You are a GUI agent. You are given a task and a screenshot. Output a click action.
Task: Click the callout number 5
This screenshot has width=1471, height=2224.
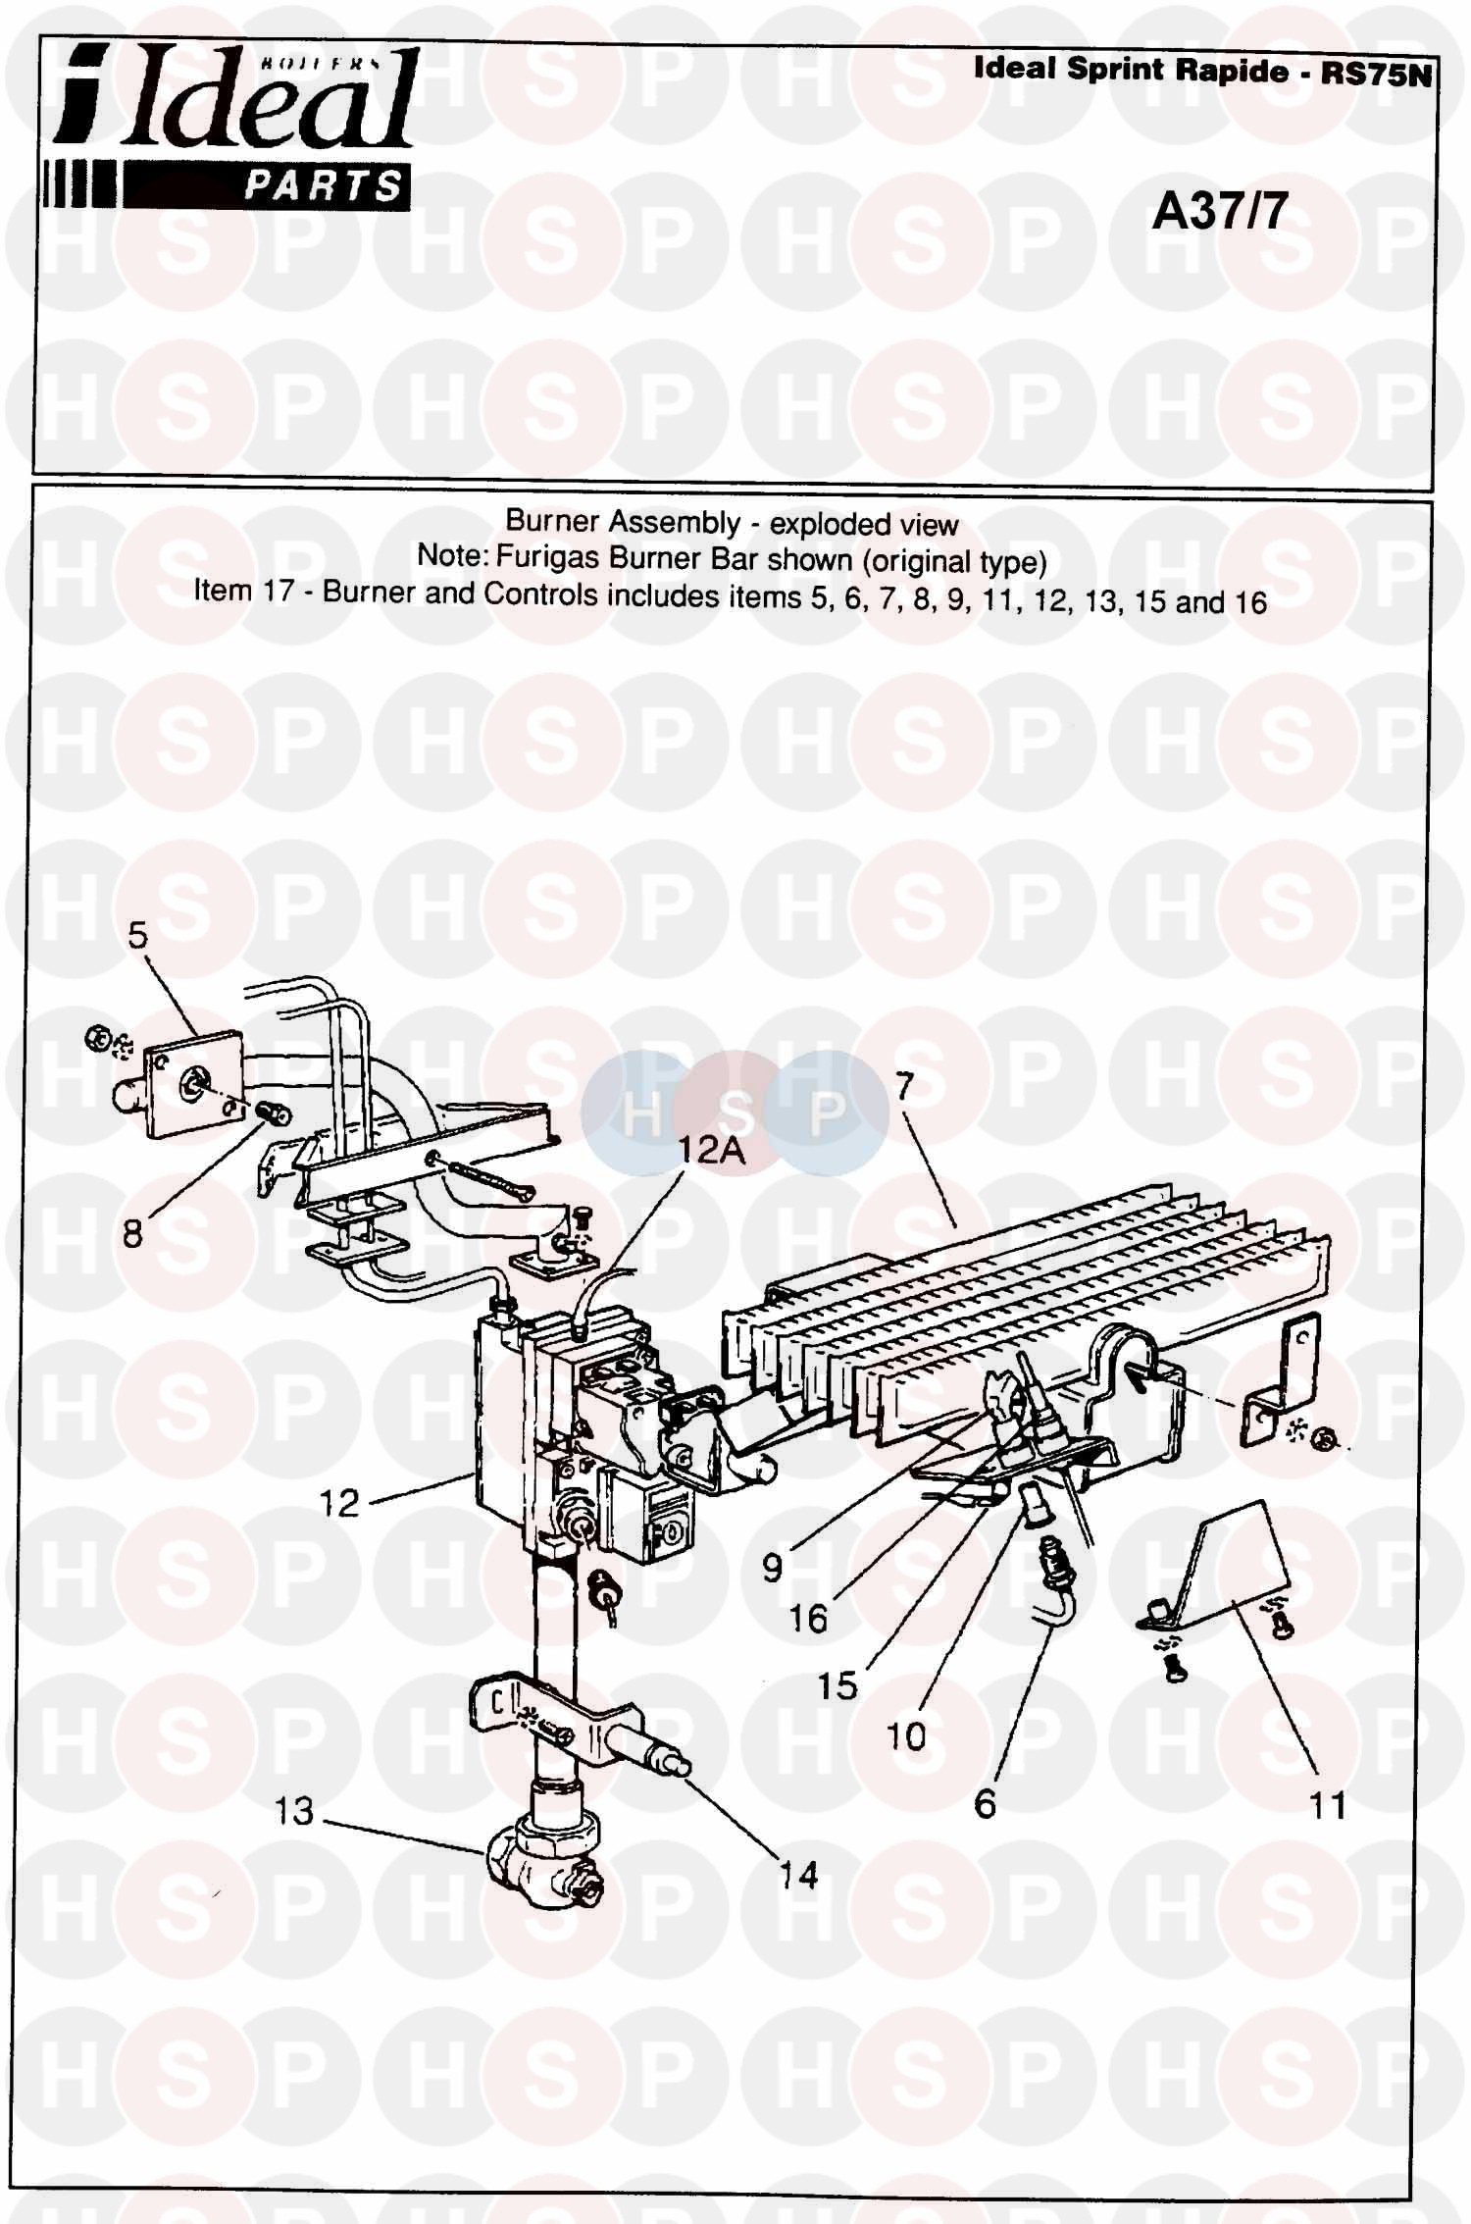(x=137, y=936)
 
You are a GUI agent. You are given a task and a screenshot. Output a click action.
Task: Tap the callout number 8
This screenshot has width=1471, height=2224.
(x=133, y=1233)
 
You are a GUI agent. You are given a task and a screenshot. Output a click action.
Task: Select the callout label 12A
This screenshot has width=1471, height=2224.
(x=713, y=1150)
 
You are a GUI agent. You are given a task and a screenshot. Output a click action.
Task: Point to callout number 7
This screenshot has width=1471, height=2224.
(x=904, y=1086)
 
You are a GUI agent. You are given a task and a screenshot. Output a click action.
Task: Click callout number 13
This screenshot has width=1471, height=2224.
(x=293, y=1811)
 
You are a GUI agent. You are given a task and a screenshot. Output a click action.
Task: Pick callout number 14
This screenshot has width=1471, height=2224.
(x=798, y=1876)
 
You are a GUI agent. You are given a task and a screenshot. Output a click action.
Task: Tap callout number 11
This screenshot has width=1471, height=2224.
(x=1328, y=1804)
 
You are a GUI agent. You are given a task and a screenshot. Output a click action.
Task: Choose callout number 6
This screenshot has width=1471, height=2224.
(x=986, y=1803)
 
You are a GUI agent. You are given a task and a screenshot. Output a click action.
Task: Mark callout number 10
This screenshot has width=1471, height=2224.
(x=906, y=1736)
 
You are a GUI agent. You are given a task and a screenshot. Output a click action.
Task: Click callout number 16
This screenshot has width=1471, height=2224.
(x=808, y=1619)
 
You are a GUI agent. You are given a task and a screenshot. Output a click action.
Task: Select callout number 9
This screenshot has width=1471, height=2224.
(x=773, y=1568)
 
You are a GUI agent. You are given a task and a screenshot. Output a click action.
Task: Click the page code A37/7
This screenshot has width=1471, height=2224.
(x=1219, y=211)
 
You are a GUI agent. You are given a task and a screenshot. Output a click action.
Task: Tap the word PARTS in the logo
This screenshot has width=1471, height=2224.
(x=323, y=184)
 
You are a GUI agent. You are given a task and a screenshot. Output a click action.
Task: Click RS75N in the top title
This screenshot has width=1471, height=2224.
(x=1377, y=75)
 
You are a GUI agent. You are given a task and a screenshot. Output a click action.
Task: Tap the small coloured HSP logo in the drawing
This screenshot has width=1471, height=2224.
(x=735, y=1112)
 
